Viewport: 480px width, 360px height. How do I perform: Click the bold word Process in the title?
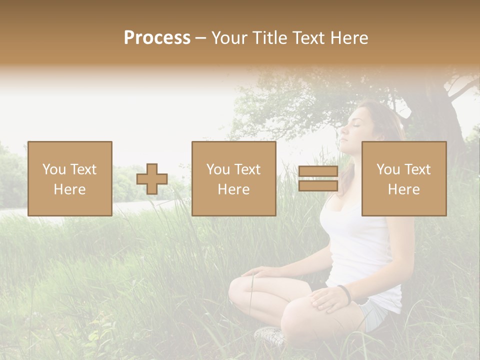(x=157, y=37)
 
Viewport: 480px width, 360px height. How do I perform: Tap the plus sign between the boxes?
(x=152, y=179)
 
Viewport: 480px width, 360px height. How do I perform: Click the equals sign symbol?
(x=318, y=178)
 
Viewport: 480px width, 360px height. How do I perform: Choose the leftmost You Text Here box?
(x=70, y=178)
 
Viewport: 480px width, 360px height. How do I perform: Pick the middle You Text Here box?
(x=234, y=178)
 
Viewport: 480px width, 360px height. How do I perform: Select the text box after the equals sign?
(x=404, y=178)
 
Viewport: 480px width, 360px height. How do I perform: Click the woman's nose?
(x=344, y=133)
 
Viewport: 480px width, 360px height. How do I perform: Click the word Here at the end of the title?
(x=349, y=37)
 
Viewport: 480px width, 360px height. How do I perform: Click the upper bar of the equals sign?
(x=318, y=171)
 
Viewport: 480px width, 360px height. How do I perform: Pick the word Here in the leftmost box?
(x=70, y=189)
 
